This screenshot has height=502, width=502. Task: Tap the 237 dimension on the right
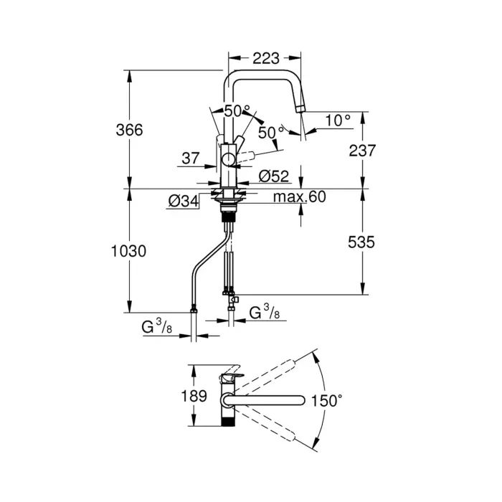tap(362, 150)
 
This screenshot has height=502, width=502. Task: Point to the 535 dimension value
tap(362, 242)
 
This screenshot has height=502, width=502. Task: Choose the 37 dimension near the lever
tap(190, 158)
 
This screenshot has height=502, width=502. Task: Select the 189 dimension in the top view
tap(194, 396)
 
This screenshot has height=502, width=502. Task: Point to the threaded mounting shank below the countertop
tap(229, 214)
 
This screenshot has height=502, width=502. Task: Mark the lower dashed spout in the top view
tap(275, 423)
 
